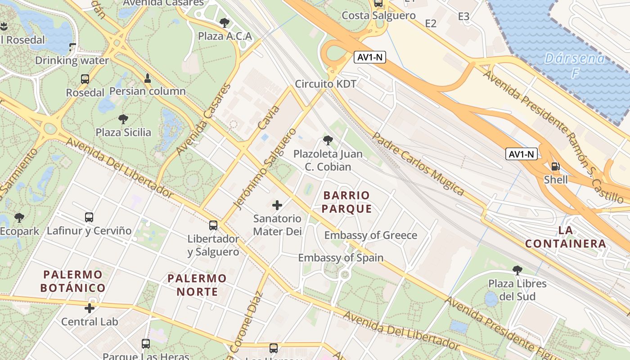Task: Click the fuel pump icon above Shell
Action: tap(556, 166)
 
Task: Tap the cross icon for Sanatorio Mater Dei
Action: tap(277, 205)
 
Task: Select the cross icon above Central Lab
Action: tap(90, 308)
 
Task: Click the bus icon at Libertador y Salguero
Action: tap(213, 225)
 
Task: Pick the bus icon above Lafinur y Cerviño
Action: tap(89, 217)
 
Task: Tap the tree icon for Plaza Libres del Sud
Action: tap(517, 270)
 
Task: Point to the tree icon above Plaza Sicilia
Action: tap(123, 119)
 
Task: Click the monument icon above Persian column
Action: tap(148, 78)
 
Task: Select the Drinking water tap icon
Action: tap(72, 47)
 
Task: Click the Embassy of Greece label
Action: tap(371, 235)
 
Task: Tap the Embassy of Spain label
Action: tap(341, 258)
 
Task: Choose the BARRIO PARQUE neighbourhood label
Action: tap(346, 202)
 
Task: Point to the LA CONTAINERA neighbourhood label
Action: tap(565, 237)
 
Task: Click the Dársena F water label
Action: tap(575, 65)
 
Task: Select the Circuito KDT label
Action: tap(326, 84)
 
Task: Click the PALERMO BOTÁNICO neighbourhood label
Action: tap(73, 281)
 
